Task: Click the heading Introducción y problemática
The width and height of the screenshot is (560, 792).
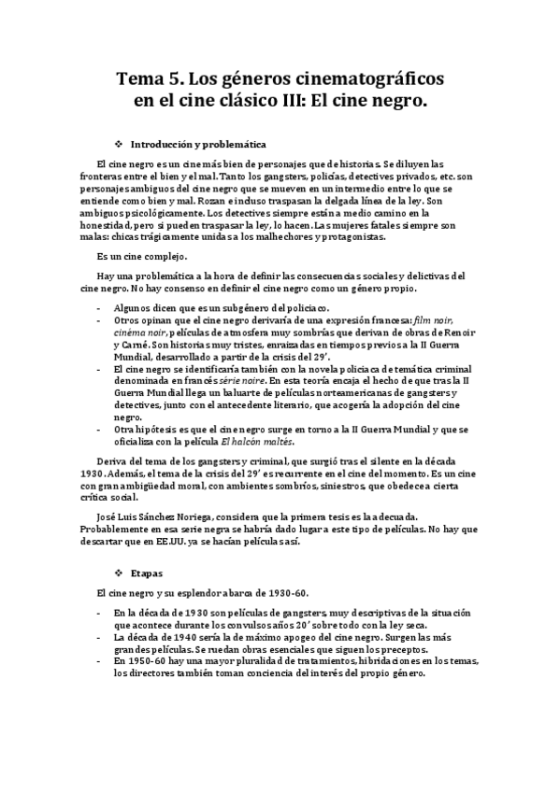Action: [199, 145]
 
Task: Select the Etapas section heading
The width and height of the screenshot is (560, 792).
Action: [148, 572]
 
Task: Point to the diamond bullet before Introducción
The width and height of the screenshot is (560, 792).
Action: [118, 145]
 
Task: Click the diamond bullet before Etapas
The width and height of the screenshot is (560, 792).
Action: [118, 572]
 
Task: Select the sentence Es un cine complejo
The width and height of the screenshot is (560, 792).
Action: [142, 256]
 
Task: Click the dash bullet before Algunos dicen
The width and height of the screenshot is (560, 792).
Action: [100, 308]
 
